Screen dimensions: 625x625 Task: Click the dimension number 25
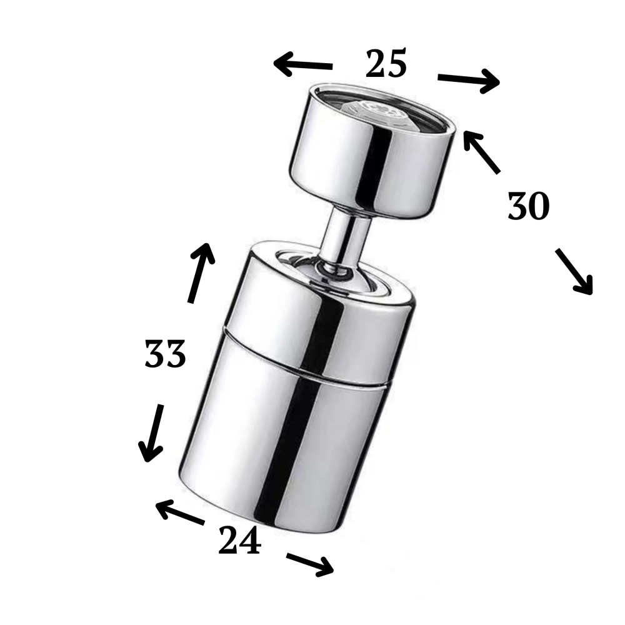(x=386, y=63)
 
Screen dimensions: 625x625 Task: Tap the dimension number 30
(x=529, y=206)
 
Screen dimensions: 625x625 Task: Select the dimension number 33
(x=165, y=354)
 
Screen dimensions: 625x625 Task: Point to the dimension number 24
(x=239, y=540)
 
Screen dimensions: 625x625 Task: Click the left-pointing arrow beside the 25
(x=302, y=64)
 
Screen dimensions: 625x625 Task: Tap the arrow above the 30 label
(x=481, y=152)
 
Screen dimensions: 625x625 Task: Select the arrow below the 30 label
(x=574, y=271)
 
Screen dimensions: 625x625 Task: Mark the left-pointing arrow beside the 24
(x=180, y=512)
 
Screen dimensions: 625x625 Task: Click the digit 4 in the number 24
(x=251, y=540)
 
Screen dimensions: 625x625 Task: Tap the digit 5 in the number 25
(x=397, y=63)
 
